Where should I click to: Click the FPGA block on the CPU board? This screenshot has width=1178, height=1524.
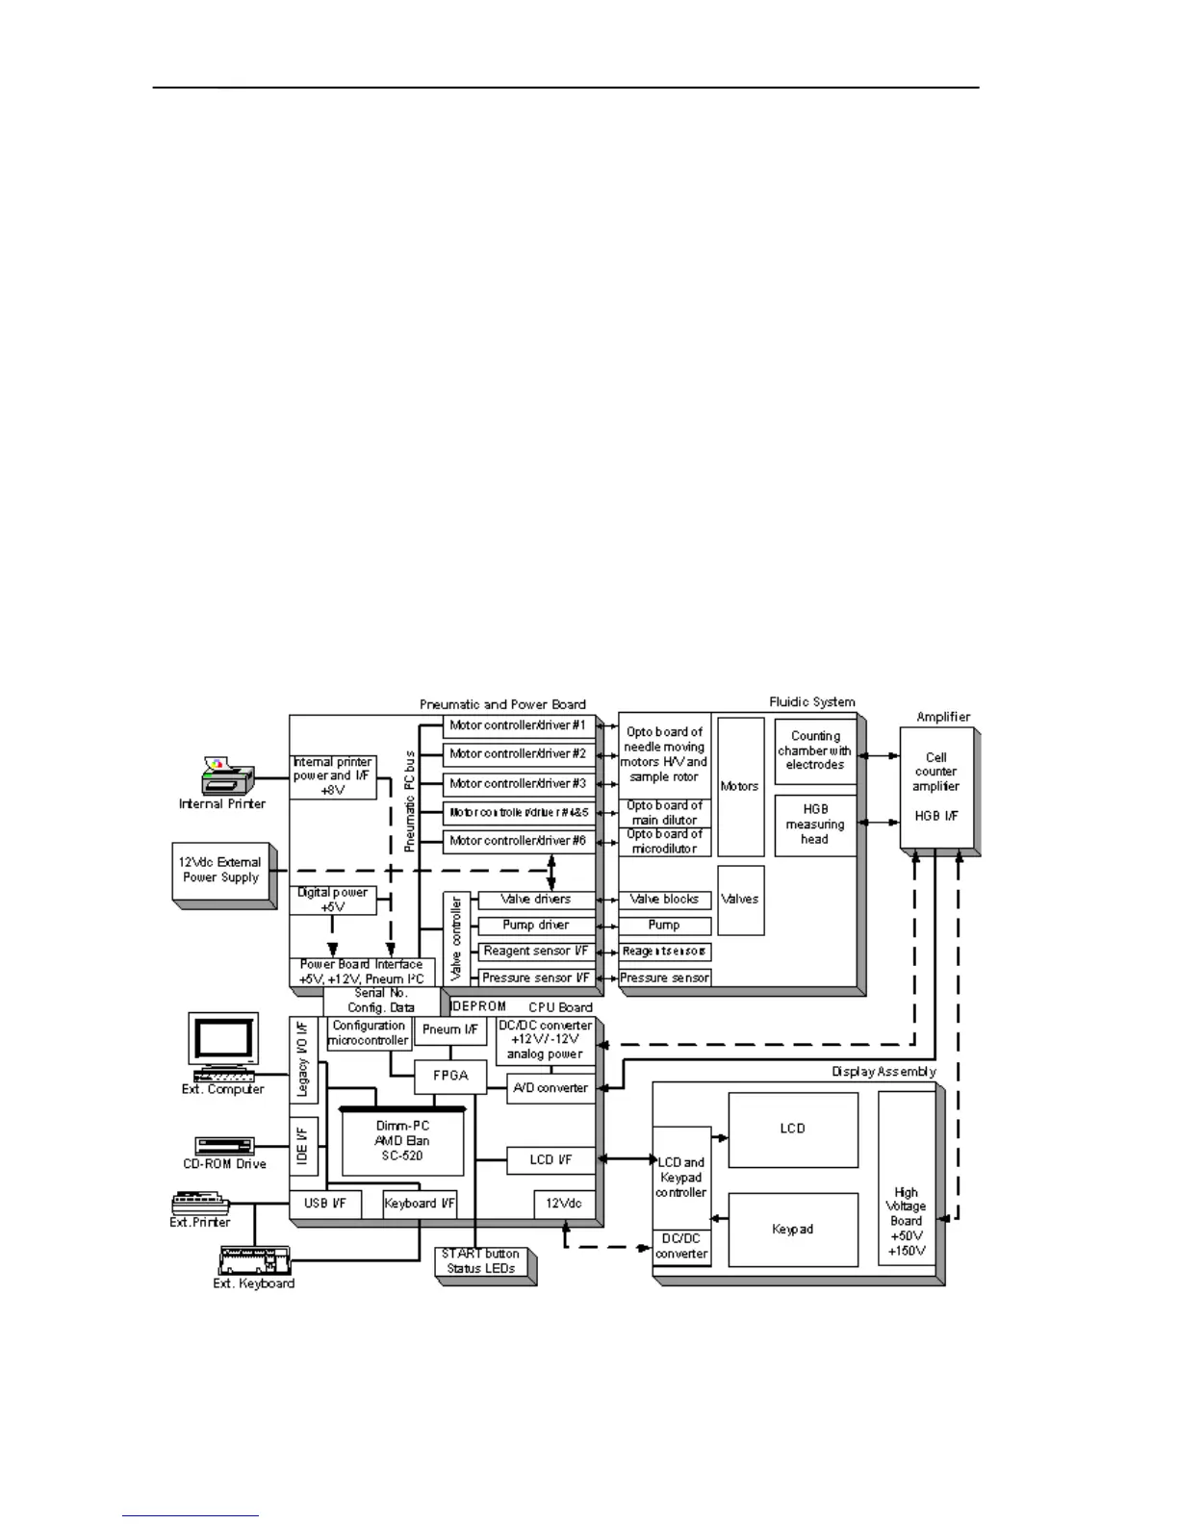click(x=450, y=1076)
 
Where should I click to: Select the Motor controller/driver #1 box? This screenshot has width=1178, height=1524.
click(x=519, y=725)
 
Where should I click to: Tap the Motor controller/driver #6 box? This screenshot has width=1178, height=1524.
click(x=519, y=841)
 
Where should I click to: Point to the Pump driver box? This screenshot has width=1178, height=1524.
click(x=536, y=926)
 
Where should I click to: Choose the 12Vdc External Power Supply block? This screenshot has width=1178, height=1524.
click(x=221, y=871)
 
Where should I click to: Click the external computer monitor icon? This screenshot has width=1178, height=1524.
click(x=223, y=1043)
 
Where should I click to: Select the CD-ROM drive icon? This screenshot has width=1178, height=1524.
click(x=224, y=1146)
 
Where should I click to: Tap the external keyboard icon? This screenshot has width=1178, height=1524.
click(x=253, y=1258)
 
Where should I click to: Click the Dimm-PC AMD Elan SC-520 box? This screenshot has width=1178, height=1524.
click(x=402, y=1141)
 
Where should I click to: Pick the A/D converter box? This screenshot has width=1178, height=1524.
click(x=551, y=1088)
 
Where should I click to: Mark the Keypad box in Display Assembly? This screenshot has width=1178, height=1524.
click(x=793, y=1230)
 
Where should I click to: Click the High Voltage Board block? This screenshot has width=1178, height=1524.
click(x=907, y=1221)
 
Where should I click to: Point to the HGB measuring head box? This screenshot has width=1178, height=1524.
click(x=815, y=825)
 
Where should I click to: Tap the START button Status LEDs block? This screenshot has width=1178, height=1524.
click(x=481, y=1261)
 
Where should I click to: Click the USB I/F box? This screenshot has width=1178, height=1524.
click(x=326, y=1204)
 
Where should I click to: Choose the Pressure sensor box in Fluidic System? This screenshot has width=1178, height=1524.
click(x=665, y=978)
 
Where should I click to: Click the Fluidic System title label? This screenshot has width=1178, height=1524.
click(x=812, y=702)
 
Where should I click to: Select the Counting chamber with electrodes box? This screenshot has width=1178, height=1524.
click(x=815, y=750)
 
